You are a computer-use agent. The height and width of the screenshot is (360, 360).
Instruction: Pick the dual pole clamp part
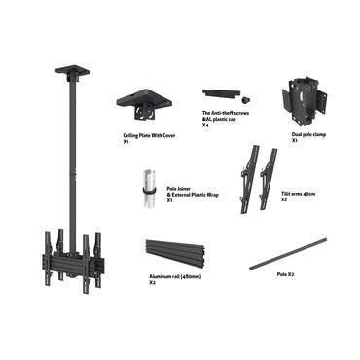tap(301, 98)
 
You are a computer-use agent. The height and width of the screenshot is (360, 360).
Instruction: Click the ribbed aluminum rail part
tap(182, 258)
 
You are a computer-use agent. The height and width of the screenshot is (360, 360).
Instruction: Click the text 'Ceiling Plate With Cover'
tap(144, 135)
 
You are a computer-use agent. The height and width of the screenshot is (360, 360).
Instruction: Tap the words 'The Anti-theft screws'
tap(226, 114)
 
